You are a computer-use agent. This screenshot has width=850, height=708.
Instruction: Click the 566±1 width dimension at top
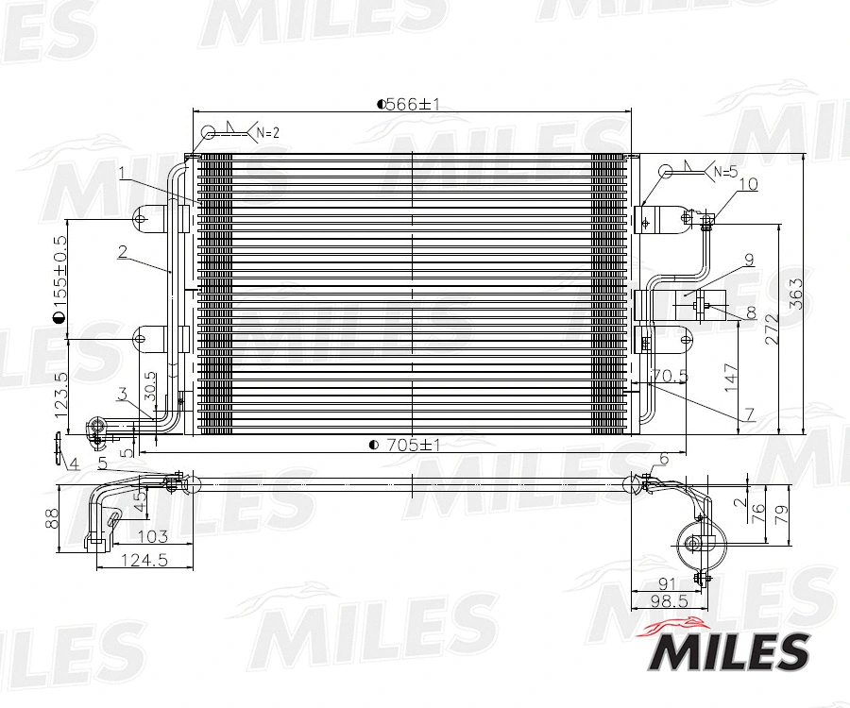[410, 105]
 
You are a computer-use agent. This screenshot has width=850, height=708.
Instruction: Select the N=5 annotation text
[724, 172]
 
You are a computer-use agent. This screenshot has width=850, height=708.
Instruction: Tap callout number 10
[748, 184]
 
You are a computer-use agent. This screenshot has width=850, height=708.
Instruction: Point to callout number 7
[747, 413]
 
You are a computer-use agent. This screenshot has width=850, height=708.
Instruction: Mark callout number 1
[123, 173]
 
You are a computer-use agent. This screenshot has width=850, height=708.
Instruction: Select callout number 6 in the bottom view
[664, 458]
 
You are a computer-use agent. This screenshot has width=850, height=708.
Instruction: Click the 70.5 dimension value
[669, 375]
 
